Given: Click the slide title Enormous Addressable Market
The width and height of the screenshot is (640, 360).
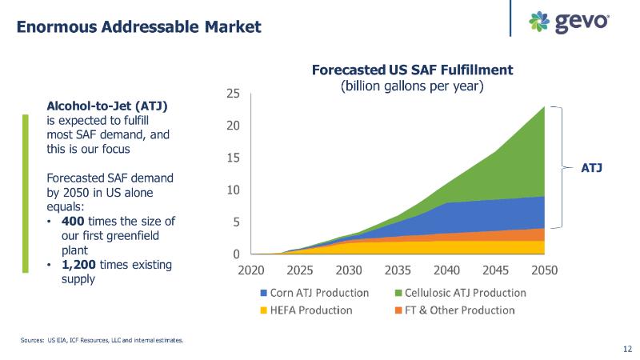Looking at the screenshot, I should point(139,26).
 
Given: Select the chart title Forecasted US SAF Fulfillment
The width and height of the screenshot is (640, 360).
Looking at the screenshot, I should point(412,70).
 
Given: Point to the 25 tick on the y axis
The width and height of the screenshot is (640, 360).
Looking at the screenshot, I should point(233,94).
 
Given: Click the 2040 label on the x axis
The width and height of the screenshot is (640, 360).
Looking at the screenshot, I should point(446,270).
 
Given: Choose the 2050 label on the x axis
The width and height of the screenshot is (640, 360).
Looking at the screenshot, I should point(544,270).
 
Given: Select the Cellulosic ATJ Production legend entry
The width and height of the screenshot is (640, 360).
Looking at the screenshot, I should point(460,293).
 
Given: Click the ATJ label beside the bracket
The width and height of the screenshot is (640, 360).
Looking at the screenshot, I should point(591,168).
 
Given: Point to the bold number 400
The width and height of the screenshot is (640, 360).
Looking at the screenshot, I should point(73,222).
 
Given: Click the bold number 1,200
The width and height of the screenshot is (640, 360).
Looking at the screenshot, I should point(78,265).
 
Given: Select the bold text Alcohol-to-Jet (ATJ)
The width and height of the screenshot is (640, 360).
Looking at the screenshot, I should point(107,106).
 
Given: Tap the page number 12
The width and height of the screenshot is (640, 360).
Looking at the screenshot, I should point(626,349).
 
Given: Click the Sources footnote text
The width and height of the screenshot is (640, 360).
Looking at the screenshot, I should point(102,340).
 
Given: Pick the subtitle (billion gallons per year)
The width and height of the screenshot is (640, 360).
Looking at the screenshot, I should point(412,85).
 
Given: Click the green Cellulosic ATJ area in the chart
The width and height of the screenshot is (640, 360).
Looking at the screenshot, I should point(512,160).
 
